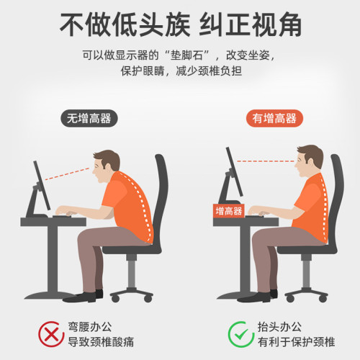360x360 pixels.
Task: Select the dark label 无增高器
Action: pos(89,119)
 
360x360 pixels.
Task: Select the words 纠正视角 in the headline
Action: pos(251,27)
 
